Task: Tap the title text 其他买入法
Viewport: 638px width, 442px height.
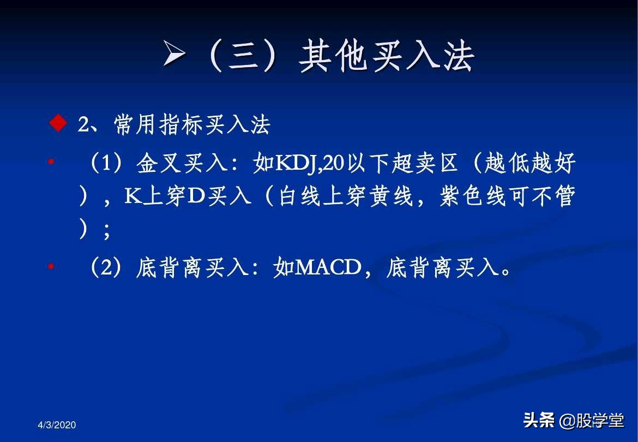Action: [x=386, y=56]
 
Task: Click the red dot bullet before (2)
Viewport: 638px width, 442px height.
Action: [x=51, y=267]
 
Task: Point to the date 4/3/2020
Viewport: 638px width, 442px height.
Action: [x=57, y=425]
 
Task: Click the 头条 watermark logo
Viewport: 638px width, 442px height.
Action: [x=539, y=420]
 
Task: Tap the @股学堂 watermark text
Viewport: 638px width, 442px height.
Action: [x=592, y=421]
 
